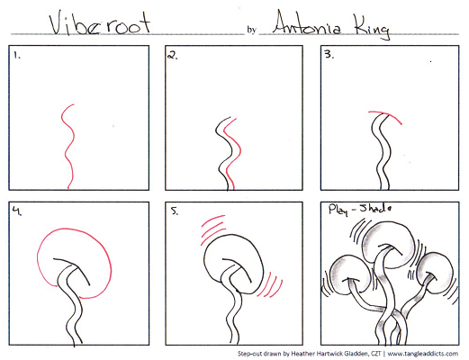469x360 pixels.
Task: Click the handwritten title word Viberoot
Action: pyautogui.click(x=100, y=23)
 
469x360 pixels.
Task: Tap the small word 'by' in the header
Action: pyautogui.click(x=251, y=30)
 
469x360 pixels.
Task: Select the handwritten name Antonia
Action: pyautogui.click(x=307, y=23)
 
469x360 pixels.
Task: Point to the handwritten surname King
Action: pyautogui.click(x=371, y=27)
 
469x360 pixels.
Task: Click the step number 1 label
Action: pyautogui.click(x=17, y=56)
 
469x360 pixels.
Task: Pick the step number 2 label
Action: pyautogui.click(x=173, y=55)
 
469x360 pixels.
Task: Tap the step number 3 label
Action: pyautogui.click(x=329, y=54)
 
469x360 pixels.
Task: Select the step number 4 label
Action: pyautogui.click(x=17, y=211)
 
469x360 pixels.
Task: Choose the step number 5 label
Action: pyautogui.click(x=175, y=211)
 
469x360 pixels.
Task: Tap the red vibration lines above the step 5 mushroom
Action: pyautogui.click(x=212, y=229)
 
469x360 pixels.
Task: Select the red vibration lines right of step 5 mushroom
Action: pyautogui.click(x=270, y=285)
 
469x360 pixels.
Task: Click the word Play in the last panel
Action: pyautogui.click(x=338, y=210)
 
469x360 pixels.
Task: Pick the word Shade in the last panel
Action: pyautogui.click(x=375, y=208)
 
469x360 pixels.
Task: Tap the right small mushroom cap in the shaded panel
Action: pyautogui.click(x=436, y=273)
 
